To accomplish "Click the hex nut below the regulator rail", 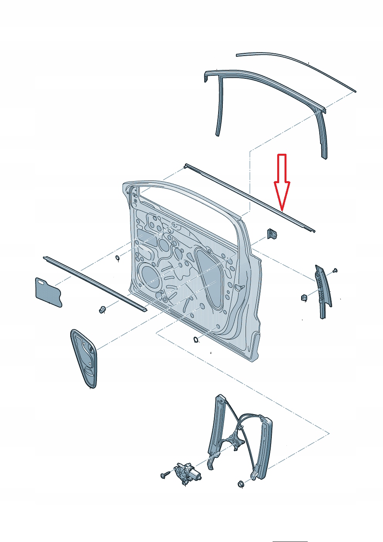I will point(240,483).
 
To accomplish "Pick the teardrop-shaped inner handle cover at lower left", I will point(84,357).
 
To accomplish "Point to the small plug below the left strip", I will point(103,309).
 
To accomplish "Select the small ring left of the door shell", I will point(118,258).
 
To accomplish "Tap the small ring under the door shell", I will point(196,340).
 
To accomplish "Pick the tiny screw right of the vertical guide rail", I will point(335,270).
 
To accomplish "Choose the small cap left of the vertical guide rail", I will point(303,297).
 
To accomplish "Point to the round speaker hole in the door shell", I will point(148,274).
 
